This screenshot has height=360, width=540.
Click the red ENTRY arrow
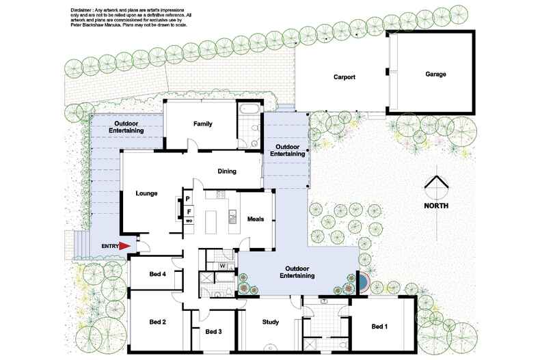coord(124,245)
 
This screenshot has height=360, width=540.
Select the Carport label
coord(344,77)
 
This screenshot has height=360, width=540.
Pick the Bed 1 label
coord(379,327)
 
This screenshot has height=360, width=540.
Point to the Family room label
coord(203,124)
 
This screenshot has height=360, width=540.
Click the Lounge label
coord(146,193)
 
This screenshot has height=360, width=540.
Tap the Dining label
coord(227,171)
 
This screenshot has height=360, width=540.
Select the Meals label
coord(256,219)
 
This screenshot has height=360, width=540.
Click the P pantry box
coord(187,199)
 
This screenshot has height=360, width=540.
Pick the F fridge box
coord(188,212)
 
